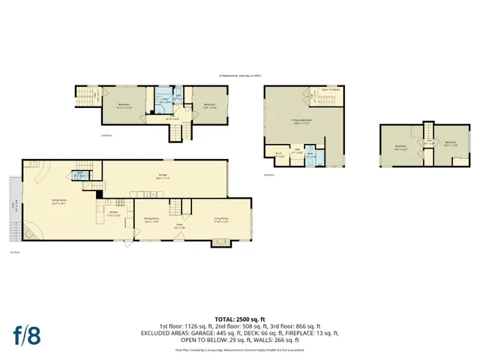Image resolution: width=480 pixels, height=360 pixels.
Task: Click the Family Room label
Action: (x=58, y=202)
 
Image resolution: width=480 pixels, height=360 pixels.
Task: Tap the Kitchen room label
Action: (x=113, y=214)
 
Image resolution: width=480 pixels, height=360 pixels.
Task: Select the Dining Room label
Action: (x=152, y=220)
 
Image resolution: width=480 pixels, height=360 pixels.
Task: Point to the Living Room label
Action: (x=220, y=220)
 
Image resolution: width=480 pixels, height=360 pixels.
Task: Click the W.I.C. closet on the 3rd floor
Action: (x=277, y=155)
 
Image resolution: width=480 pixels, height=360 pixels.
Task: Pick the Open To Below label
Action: (x=331, y=89)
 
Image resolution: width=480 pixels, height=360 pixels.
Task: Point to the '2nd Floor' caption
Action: (x=85, y=135)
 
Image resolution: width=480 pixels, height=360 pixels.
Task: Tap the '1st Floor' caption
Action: (x=13, y=252)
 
